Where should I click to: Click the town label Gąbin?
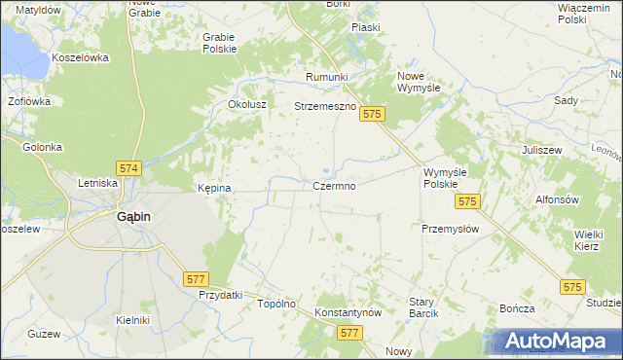click(133, 217)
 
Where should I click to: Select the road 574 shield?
click(128, 168)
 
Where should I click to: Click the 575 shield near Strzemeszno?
click(372, 115)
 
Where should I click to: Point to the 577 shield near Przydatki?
click(195, 278)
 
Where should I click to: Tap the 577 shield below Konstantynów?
click(351, 333)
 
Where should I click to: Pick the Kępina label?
click(214, 188)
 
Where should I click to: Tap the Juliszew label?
click(543, 151)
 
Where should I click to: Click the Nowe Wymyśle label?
click(420, 82)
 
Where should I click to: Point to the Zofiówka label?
click(29, 100)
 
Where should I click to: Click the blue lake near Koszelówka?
click(19, 54)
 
